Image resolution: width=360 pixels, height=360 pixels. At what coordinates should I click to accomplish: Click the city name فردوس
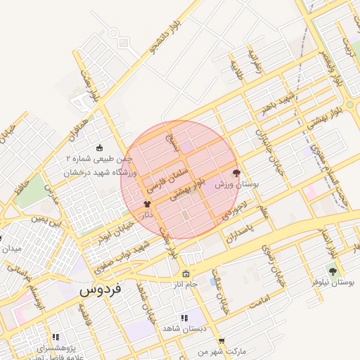(x=101, y=289)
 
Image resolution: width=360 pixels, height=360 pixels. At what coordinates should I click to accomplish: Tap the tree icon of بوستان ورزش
(x=236, y=172)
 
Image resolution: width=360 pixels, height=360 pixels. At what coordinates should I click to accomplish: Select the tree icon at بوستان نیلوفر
(x=332, y=271)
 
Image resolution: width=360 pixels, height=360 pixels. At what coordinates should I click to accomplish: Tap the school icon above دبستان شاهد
(x=184, y=318)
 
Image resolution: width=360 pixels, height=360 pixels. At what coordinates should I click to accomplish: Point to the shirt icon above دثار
(x=147, y=204)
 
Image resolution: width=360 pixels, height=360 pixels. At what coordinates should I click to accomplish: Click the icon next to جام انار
(x=185, y=274)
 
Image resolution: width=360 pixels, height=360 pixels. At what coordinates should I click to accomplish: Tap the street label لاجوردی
(x=235, y=208)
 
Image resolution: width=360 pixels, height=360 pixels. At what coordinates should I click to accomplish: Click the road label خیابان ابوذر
(x=115, y=226)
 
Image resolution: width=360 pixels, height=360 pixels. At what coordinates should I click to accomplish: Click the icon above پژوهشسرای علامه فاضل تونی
(x=56, y=337)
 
